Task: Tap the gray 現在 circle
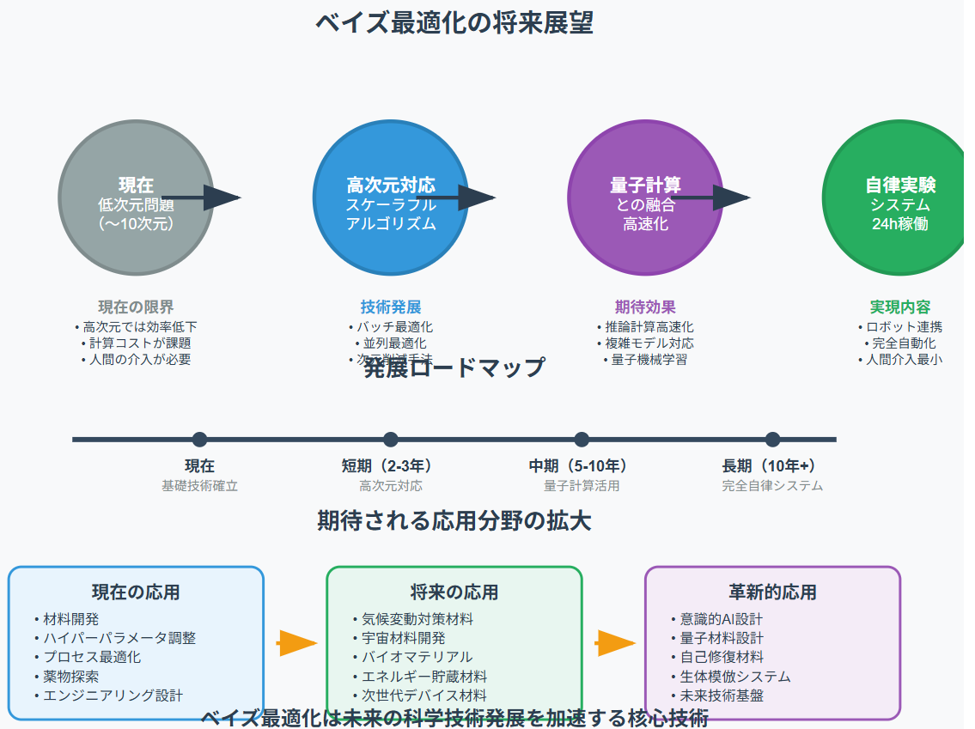[x=135, y=197]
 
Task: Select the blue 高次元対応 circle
[x=390, y=197]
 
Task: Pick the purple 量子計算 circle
[x=645, y=197]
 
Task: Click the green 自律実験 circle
[x=899, y=197]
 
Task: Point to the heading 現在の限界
[x=136, y=307]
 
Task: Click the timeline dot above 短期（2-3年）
[x=391, y=440]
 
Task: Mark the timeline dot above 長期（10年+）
[x=772, y=440]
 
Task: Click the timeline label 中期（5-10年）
[x=582, y=466]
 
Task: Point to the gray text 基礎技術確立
[x=199, y=486]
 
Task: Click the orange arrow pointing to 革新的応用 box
[x=615, y=642]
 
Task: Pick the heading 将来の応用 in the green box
[x=454, y=592]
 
